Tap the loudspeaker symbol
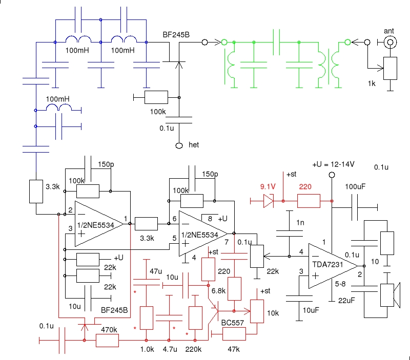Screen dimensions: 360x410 392,295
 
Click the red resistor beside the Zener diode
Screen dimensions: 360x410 309,201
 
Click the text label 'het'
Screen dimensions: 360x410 193,145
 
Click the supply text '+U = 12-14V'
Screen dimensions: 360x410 334,165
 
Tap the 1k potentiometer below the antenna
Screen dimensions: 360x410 391,68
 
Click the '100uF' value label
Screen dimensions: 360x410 356,186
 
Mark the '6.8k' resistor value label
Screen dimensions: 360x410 218,290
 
